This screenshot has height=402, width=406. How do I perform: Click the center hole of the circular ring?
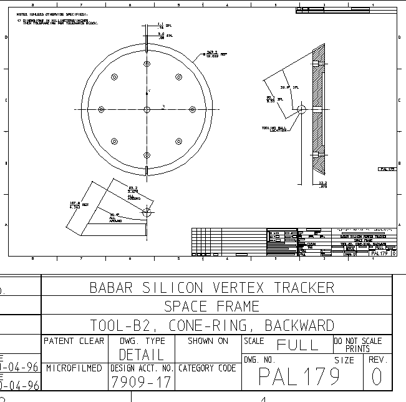pyautogui.click(x=147, y=109)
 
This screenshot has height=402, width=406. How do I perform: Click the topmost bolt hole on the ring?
pyautogui.click(x=147, y=64)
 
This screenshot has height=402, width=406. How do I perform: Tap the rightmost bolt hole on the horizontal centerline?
pyautogui.click(x=192, y=109)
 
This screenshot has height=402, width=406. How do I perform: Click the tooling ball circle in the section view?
pyautogui.click(x=302, y=109)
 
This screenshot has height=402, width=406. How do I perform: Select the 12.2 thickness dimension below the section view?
pyautogui.click(x=322, y=184)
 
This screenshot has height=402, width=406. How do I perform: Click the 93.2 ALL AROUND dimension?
pyautogui.click(x=133, y=190)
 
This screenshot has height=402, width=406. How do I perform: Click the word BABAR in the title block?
pyautogui.click(x=111, y=288)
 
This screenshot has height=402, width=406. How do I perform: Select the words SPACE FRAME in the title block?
pyautogui.click(x=211, y=306)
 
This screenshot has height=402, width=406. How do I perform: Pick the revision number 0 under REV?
pyautogui.click(x=377, y=377)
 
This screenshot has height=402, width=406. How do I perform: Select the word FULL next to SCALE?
pyautogui.click(x=298, y=345)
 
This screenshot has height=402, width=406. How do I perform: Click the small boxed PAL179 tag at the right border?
pyautogui.click(x=387, y=169)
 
